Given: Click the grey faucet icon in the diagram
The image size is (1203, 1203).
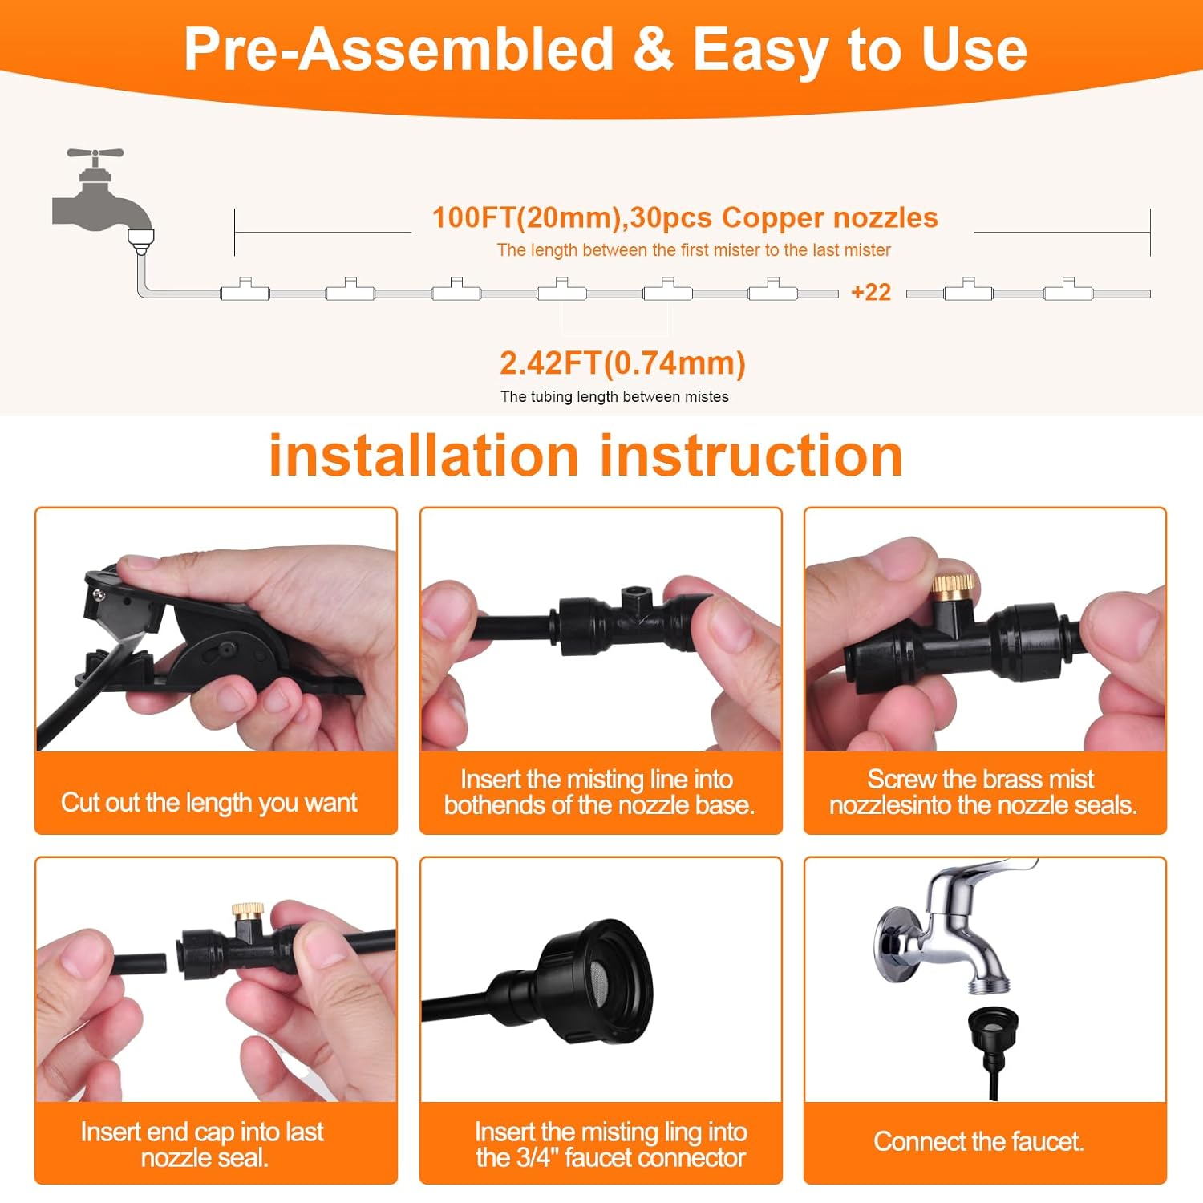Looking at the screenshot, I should click(100, 196).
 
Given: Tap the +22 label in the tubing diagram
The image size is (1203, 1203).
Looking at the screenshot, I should click(871, 292).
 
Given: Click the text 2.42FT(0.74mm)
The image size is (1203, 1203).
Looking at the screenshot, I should click(622, 363).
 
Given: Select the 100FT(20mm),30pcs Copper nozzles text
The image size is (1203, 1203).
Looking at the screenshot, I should click(684, 218).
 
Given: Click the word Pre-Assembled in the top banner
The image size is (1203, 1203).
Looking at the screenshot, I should click(398, 50).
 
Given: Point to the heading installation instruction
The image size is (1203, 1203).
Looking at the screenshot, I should click(585, 456).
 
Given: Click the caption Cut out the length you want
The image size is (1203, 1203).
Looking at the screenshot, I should click(209, 802).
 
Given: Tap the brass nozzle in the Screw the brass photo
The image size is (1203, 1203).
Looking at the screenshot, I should click(953, 584).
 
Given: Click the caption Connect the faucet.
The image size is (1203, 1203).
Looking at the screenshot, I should click(978, 1141).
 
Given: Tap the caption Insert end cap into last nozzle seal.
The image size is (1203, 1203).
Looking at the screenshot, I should click(202, 1144).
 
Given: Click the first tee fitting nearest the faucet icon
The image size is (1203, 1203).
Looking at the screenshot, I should click(245, 290).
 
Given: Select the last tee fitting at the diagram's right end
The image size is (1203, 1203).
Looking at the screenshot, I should click(1067, 290).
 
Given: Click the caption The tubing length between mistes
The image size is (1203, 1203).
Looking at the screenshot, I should click(614, 397).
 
